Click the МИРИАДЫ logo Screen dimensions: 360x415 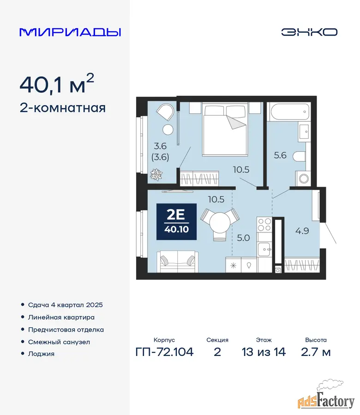tap(70, 32)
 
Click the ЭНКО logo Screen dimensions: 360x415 tap(309, 32)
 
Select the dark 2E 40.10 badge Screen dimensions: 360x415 tap(176, 222)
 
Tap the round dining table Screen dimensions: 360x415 tap(220, 223)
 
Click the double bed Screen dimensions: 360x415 tap(225, 129)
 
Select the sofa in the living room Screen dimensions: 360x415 tap(178, 262)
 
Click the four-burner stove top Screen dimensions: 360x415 tap(264, 225)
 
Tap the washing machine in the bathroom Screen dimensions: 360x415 tap(303, 178)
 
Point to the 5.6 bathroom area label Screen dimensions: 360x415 tap(280, 155)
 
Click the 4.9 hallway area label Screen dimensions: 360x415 tap(302, 231)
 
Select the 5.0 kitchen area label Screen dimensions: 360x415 tap(243, 237)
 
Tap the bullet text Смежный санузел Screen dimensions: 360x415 tap(59, 342)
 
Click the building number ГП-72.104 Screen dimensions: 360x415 tap(164, 352)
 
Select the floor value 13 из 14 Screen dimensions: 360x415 tap(264, 352)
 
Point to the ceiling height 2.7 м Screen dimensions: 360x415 tap(316, 352)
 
